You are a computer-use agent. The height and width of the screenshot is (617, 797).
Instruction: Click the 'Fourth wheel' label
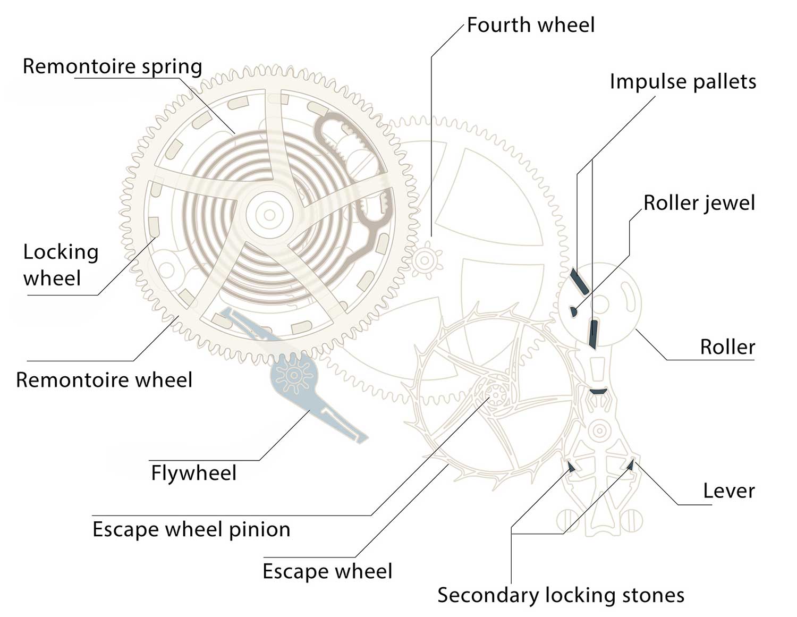pyautogui.click(x=530, y=26)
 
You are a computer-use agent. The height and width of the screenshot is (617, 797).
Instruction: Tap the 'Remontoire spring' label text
pyautogui.click(x=112, y=67)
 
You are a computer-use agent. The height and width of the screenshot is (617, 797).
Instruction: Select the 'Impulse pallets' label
pyautogui.click(x=682, y=82)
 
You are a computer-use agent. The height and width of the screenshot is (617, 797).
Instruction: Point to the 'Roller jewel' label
pyautogui.click(x=699, y=203)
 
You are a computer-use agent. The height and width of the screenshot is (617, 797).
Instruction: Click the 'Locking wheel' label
pyautogui.click(x=61, y=265)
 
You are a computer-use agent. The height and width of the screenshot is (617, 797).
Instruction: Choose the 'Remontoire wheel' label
pyautogui.click(x=104, y=380)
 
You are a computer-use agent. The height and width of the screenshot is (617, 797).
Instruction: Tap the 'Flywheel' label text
pyautogui.click(x=193, y=473)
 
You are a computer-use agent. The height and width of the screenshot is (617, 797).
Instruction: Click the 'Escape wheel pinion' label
pyautogui.click(x=191, y=529)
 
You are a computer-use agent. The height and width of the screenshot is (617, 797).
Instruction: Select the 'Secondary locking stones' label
pyautogui.click(x=561, y=595)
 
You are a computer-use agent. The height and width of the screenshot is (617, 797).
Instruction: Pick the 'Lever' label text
pyautogui.click(x=728, y=491)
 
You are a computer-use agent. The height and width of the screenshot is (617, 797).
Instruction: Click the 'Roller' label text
pyautogui.click(x=727, y=347)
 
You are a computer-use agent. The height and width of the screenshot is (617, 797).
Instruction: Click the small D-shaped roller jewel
pyautogui.click(x=573, y=311)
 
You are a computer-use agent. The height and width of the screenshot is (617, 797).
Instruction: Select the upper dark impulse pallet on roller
pyautogui.click(x=579, y=281)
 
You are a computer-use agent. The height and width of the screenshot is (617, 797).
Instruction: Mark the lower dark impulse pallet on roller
pyautogui.click(x=593, y=334)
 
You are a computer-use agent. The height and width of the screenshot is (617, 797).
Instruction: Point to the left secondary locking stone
pyautogui.click(x=571, y=467)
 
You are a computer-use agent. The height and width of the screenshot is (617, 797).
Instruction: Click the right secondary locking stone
pyautogui.click(x=631, y=465)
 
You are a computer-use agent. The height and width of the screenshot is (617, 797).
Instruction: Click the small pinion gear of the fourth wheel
pyautogui.click(x=424, y=260)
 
